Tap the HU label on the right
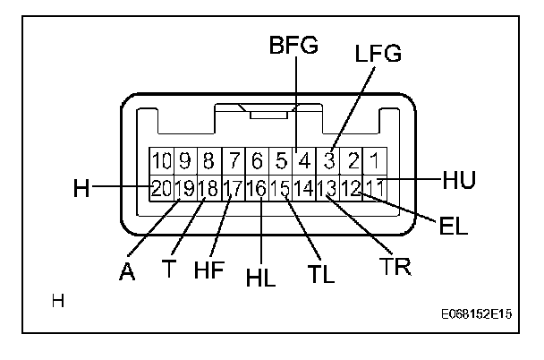click(458, 180)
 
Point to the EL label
click(454, 225)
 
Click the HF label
click(209, 270)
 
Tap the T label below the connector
click(169, 269)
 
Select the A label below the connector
click(129, 271)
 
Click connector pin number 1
click(378, 161)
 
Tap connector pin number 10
click(161, 161)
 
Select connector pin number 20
click(161, 188)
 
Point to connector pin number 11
click(377, 188)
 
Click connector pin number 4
click(304, 161)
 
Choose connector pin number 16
click(257, 188)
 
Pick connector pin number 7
click(234, 161)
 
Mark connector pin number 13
click(327, 188)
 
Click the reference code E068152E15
click(482, 315)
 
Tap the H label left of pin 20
click(82, 188)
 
